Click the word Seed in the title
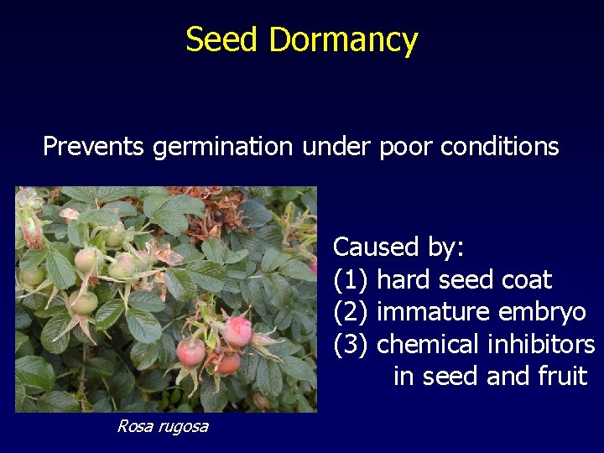(x=212, y=39)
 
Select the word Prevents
(x=94, y=146)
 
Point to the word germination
(x=223, y=148)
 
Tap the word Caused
(x=374, y=247)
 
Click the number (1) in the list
(x=351, y=279)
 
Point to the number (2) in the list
(x=351, y=312)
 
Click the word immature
(x=434, y=312)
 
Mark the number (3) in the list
(x=351, y=345)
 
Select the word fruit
(x=561, y=376)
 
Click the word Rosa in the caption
(x=133, y=426)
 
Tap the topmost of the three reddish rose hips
(x=239, y=331)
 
